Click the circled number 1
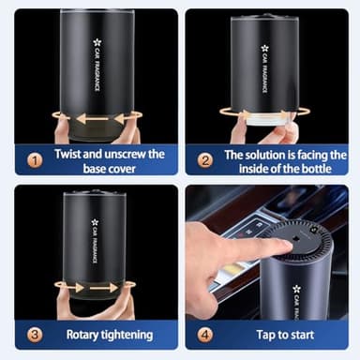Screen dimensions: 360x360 35,160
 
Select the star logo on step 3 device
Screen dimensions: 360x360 94,222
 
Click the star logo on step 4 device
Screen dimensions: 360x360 296,289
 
